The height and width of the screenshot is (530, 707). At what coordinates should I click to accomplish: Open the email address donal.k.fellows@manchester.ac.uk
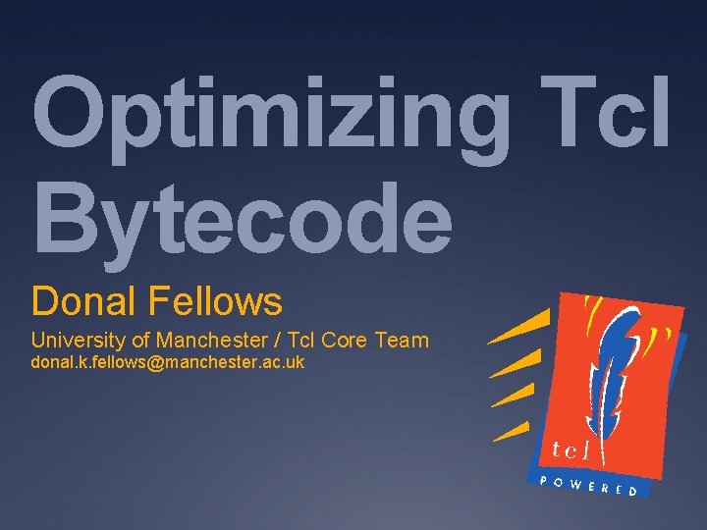(168, 364)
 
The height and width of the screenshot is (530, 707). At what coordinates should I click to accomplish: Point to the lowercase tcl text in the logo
(571, 450)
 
